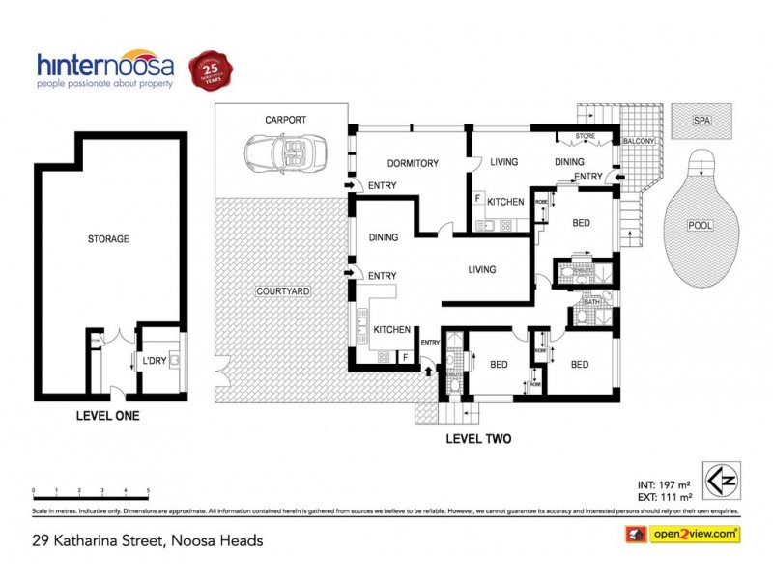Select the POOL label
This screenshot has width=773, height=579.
point(701,225)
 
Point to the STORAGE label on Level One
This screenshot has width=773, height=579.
point(107,238)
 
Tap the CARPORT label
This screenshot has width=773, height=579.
point(286,120)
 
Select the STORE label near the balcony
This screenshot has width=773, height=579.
point(586,137)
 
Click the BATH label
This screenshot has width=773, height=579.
point(592,302)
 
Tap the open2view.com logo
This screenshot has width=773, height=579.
point(684,533)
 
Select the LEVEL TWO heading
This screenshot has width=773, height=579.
point(477,438)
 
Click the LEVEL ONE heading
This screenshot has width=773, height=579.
point(107,416)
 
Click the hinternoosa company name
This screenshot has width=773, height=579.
point(106,66)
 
